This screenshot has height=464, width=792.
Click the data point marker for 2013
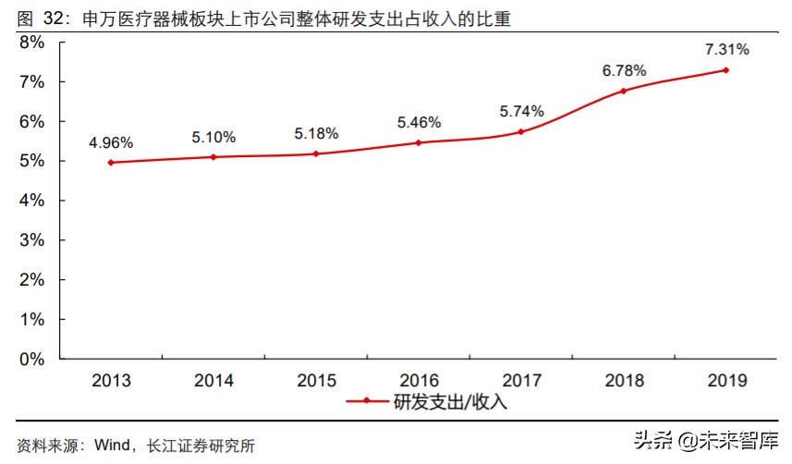[111, 163]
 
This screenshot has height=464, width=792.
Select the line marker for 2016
[419, 142]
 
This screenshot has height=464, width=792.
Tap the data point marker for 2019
[725, 70]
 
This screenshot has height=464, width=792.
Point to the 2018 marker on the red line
[623, 91]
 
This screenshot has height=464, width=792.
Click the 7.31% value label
[725, 49]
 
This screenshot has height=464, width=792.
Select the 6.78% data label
[624, 70]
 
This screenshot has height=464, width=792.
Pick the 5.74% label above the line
[522, 111]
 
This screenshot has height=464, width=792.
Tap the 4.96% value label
[111, 142]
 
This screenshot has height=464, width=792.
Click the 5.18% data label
[316, 133]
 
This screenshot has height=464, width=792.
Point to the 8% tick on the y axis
[32, 43]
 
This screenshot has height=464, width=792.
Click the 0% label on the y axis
[32, 359]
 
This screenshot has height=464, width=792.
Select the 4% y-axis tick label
[32, 201]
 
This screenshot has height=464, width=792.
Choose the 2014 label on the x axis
[213, 380]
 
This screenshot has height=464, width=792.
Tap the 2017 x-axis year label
[522, 380]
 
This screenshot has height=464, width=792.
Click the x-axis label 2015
[316, 380]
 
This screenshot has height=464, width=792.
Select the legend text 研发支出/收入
[450, 402]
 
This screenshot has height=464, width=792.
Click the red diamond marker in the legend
[368, 402]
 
